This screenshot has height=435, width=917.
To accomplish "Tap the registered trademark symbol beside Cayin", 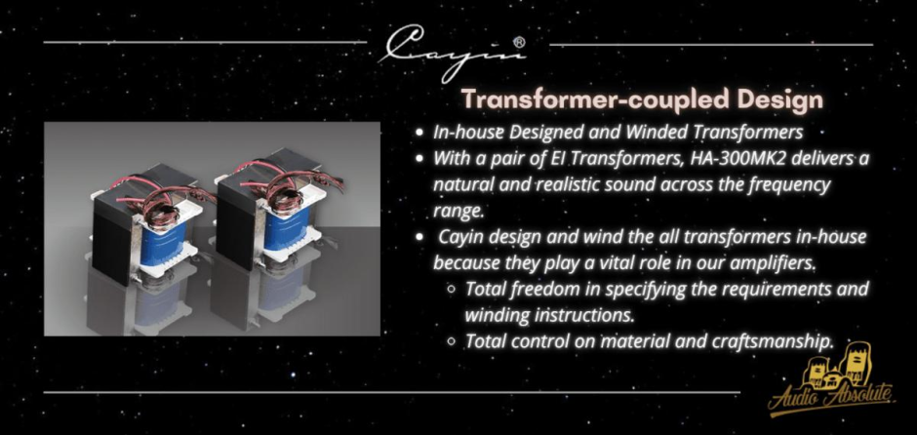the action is click(x=519, y=43).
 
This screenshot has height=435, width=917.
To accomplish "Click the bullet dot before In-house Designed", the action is click(x=419, y=132).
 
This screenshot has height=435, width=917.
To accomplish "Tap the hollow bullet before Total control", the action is click(x=451, y=340).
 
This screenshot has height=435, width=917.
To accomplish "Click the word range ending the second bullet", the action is click(x=458, y=212).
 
